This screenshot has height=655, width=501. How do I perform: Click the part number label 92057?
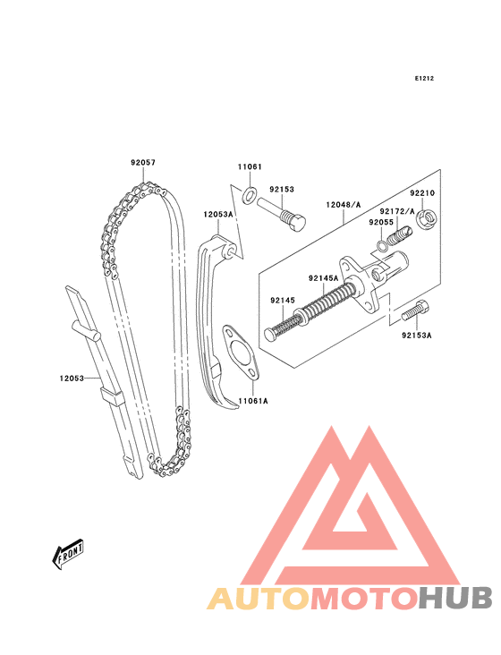[x=143, y=162]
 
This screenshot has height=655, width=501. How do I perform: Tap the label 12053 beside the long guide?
[x=72, y=379]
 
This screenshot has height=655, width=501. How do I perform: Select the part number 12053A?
[x=218, y=214]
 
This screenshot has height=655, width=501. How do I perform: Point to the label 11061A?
[x=253, y=401]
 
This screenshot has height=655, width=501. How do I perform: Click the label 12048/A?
[x=344, y=205]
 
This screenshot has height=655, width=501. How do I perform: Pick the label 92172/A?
[x=397, y=211]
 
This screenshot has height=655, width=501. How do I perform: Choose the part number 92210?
[x=422, y=193]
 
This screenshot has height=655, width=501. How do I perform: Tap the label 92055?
[x=381, y=222]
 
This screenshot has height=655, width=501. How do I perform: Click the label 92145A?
[x=324, y=278]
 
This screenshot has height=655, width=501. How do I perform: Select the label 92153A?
[x=417, y=335]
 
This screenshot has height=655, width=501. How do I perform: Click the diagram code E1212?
[x=424, y=78]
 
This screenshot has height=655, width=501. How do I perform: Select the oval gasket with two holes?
[x=242, y=353]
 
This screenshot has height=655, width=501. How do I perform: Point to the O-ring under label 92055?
[x=382, y=246]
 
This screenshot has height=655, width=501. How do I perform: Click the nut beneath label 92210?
[x=428, y=219]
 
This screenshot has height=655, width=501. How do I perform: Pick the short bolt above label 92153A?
[x=415, y=311]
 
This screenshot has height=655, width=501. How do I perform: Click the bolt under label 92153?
[x=282, y=214]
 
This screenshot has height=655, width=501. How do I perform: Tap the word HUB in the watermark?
[x=456, y=599]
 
